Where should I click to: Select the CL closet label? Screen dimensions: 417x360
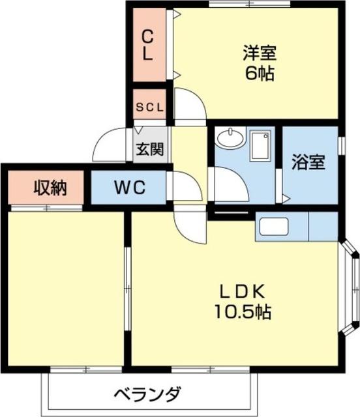pyautogui.click(x=149, y=44)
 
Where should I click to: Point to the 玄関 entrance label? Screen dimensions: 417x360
pyautogui.click(x=149, y=149)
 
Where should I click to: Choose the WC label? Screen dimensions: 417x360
pyautogui.click(x=130, y=188)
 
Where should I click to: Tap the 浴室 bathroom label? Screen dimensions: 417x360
pyautogui.click(x=308, y=163)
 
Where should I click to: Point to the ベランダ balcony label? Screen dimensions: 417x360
pyautogui.click(x=148, y=394)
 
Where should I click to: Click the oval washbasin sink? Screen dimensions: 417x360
pyautogui.click(x=229, y=138)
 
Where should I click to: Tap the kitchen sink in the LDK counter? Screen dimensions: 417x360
pyautogui.click(x=274, y=227)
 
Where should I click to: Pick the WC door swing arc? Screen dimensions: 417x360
pyautogui.click(x=185, y=187)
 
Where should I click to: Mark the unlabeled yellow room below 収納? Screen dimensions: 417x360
pyautogui.click(x=66, y=287)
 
